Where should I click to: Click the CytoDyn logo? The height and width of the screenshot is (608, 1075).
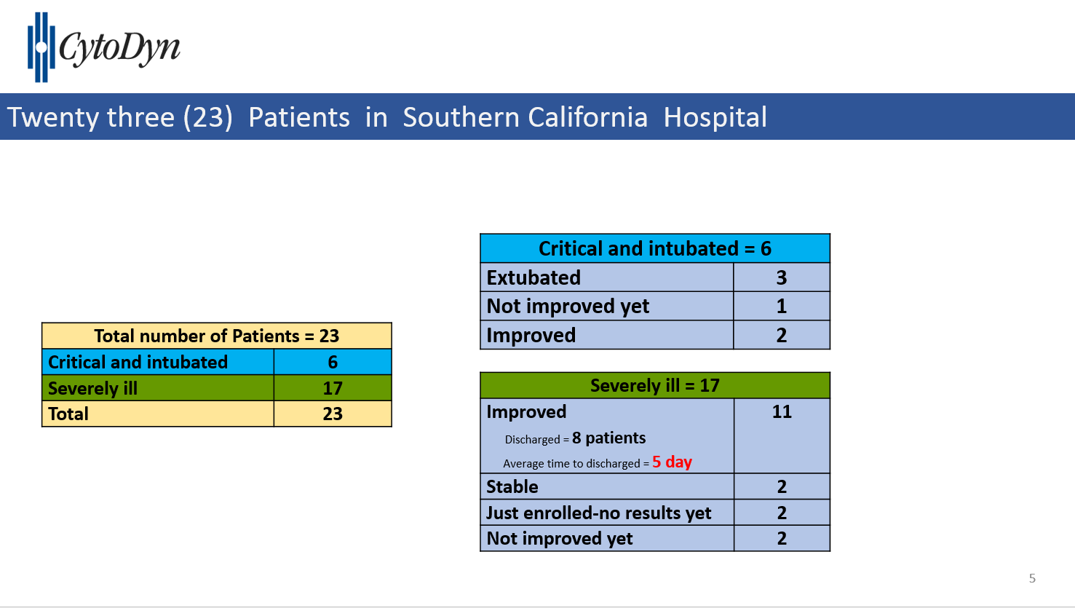click(103, 47)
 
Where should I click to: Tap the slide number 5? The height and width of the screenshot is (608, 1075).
click(1032, 578)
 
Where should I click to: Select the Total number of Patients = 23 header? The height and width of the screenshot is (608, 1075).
click(216, 336)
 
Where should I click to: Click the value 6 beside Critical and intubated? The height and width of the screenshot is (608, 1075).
click(333, 362)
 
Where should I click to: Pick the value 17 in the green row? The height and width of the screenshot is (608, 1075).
click(333, 388)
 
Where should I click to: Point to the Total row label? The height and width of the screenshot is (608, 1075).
click(68, 414)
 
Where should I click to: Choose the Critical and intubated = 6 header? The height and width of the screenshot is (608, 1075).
click(654, 248)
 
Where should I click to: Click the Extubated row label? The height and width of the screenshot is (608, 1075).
click(533, 277)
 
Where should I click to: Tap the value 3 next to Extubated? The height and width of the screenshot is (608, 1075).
click(781, 277)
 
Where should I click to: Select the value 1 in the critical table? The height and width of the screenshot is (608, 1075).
click(781, 307)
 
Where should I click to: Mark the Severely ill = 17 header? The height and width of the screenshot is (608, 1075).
click(654, 385)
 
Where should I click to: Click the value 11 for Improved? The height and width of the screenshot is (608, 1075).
click(782, 411)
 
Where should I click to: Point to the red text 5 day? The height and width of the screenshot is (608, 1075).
click(672, 462)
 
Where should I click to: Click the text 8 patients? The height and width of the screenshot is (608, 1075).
click(609, 438)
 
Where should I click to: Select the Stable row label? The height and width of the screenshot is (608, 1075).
click(512, 487)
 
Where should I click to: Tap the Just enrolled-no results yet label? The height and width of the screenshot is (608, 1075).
click(598, 513)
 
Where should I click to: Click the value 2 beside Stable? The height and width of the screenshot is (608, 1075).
click(782, 487)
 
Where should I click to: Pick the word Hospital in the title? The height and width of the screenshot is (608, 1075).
click(715, 117)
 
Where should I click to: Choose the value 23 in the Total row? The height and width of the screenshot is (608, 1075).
click(333, 414)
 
